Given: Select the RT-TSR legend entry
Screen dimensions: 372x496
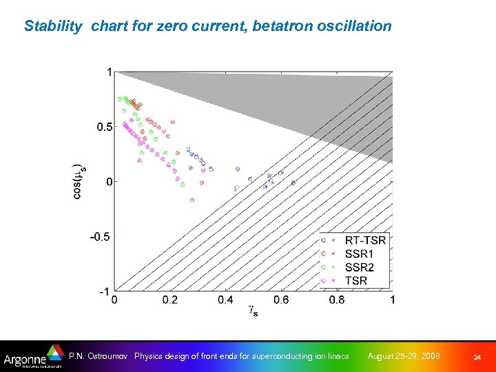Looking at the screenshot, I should click(365, 240).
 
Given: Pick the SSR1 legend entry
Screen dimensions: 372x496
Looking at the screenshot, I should click(360, 254).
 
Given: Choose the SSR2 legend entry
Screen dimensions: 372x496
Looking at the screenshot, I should click(360, 267).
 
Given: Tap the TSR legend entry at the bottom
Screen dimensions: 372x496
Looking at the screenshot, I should click(356, 280).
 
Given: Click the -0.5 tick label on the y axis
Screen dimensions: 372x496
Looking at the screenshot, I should click(101, 236).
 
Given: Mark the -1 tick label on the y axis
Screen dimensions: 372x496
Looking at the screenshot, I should click(105, 291).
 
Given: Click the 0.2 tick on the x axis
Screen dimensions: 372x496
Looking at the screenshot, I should click(169, 300).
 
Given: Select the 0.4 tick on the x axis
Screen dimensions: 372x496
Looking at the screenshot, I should click(225, 300).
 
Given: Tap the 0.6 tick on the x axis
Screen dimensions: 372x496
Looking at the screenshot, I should click(281, 300).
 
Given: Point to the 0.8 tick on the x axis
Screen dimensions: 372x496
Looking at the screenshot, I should click(337, 300).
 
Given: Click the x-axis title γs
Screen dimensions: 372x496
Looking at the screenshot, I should click(254, 312).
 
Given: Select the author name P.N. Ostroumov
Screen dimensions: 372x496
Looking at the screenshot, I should click(99, 356).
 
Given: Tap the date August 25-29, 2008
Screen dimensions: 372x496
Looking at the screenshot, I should click(404, 356).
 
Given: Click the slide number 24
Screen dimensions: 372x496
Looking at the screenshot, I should click(477, 357).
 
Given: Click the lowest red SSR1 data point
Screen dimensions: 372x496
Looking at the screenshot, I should click(192, 200).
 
